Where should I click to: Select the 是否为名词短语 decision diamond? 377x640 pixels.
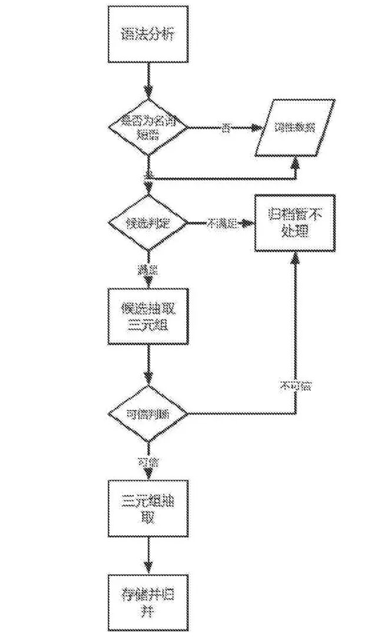coord(148,127)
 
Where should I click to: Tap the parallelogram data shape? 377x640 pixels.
coord(295,127)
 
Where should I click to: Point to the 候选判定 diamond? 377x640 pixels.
coord(148,223)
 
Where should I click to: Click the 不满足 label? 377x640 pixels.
coord(221,223)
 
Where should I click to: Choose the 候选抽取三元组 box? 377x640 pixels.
coord(148,316)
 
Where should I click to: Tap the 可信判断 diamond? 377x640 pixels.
coord(148,414)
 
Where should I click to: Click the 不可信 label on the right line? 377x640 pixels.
coord(296,387)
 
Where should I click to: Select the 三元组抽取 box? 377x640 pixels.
coord(148,508)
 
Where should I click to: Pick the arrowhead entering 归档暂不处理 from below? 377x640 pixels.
coord(295,258)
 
